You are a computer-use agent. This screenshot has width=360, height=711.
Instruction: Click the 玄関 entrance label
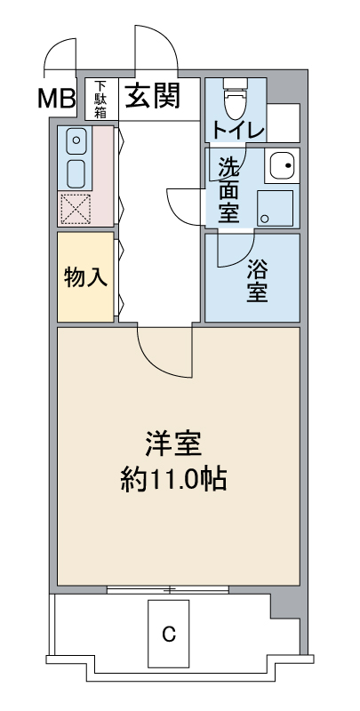(153, 96)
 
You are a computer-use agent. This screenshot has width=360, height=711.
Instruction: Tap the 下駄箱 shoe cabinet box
(101, 100)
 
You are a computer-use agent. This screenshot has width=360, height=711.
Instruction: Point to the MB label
(56, 99)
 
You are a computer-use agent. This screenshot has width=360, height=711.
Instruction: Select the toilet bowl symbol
(236, 99)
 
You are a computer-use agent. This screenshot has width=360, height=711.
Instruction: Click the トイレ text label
(237, 131)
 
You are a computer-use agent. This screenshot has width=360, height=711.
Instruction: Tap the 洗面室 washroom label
(229, 190)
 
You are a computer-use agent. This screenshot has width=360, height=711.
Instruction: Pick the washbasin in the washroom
(282, 165)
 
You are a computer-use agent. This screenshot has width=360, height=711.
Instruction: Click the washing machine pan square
(275, 208)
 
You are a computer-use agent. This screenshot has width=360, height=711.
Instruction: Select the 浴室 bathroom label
(257, 282)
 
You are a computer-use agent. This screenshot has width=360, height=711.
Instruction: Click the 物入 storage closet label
(85, 277)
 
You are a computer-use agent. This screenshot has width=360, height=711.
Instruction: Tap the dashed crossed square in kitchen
(76, 209)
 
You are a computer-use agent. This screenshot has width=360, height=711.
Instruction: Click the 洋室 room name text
(173, 445)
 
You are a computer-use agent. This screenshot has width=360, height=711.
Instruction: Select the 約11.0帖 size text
(173, 480)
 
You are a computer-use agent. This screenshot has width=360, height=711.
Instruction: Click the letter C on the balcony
(169, 634)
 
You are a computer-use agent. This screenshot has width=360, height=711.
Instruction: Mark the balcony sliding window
(168, 589)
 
